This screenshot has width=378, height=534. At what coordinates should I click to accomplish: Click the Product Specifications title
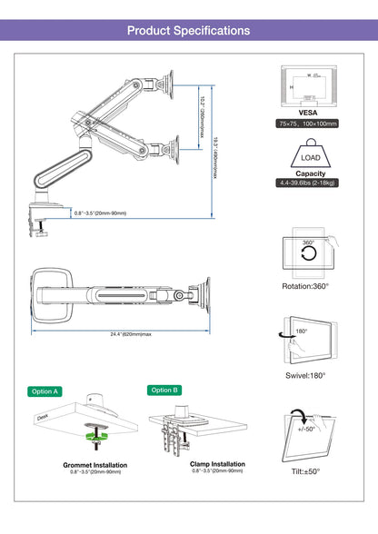(188, 30)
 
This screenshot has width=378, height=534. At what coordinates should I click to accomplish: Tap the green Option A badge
(45, 391)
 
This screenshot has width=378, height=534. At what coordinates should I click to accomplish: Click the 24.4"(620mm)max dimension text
(118, 333)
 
